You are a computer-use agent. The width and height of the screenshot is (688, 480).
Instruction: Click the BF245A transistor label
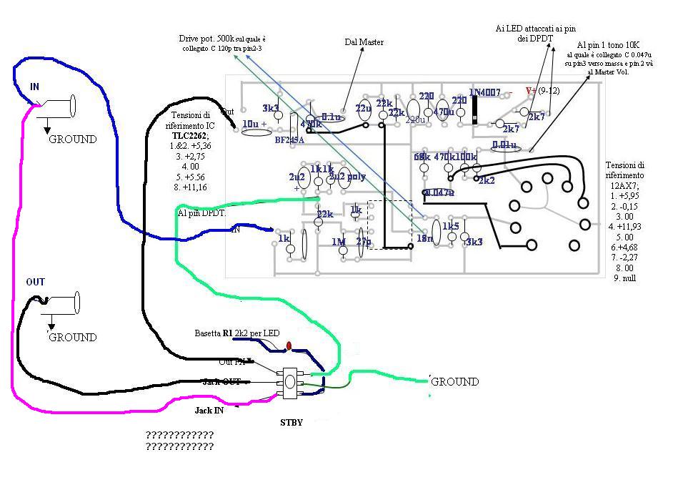coord(290,140)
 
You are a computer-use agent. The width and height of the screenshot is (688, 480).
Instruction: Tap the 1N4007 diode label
coord(484,92)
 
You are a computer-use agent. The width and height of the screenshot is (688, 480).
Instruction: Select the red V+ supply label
coord(531,91)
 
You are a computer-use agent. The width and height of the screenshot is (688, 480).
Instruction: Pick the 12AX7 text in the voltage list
coord(624,185)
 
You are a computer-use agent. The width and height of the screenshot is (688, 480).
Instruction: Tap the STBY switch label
coord(291,422)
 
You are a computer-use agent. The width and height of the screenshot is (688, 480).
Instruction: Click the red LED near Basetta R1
coord(289,346)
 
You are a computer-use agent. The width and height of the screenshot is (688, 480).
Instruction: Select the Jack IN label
coord(209,411)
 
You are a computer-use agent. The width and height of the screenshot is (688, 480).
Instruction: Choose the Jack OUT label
coord(221,381)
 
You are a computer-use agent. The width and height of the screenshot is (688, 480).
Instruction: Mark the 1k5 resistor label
coord(451,226)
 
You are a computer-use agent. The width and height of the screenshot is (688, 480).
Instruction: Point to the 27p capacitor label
coord(364,242)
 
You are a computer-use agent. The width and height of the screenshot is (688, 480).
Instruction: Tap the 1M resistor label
coord(338,242)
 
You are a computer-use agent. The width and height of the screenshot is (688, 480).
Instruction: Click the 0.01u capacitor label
coord(504,146)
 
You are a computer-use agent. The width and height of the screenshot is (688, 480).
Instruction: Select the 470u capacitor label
coord(444,112)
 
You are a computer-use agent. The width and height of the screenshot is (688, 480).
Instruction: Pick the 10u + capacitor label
coord(254,124)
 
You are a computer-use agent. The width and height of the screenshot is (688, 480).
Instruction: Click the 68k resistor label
coord(422,157)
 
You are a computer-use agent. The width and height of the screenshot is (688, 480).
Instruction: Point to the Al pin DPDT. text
coord(202,213)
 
